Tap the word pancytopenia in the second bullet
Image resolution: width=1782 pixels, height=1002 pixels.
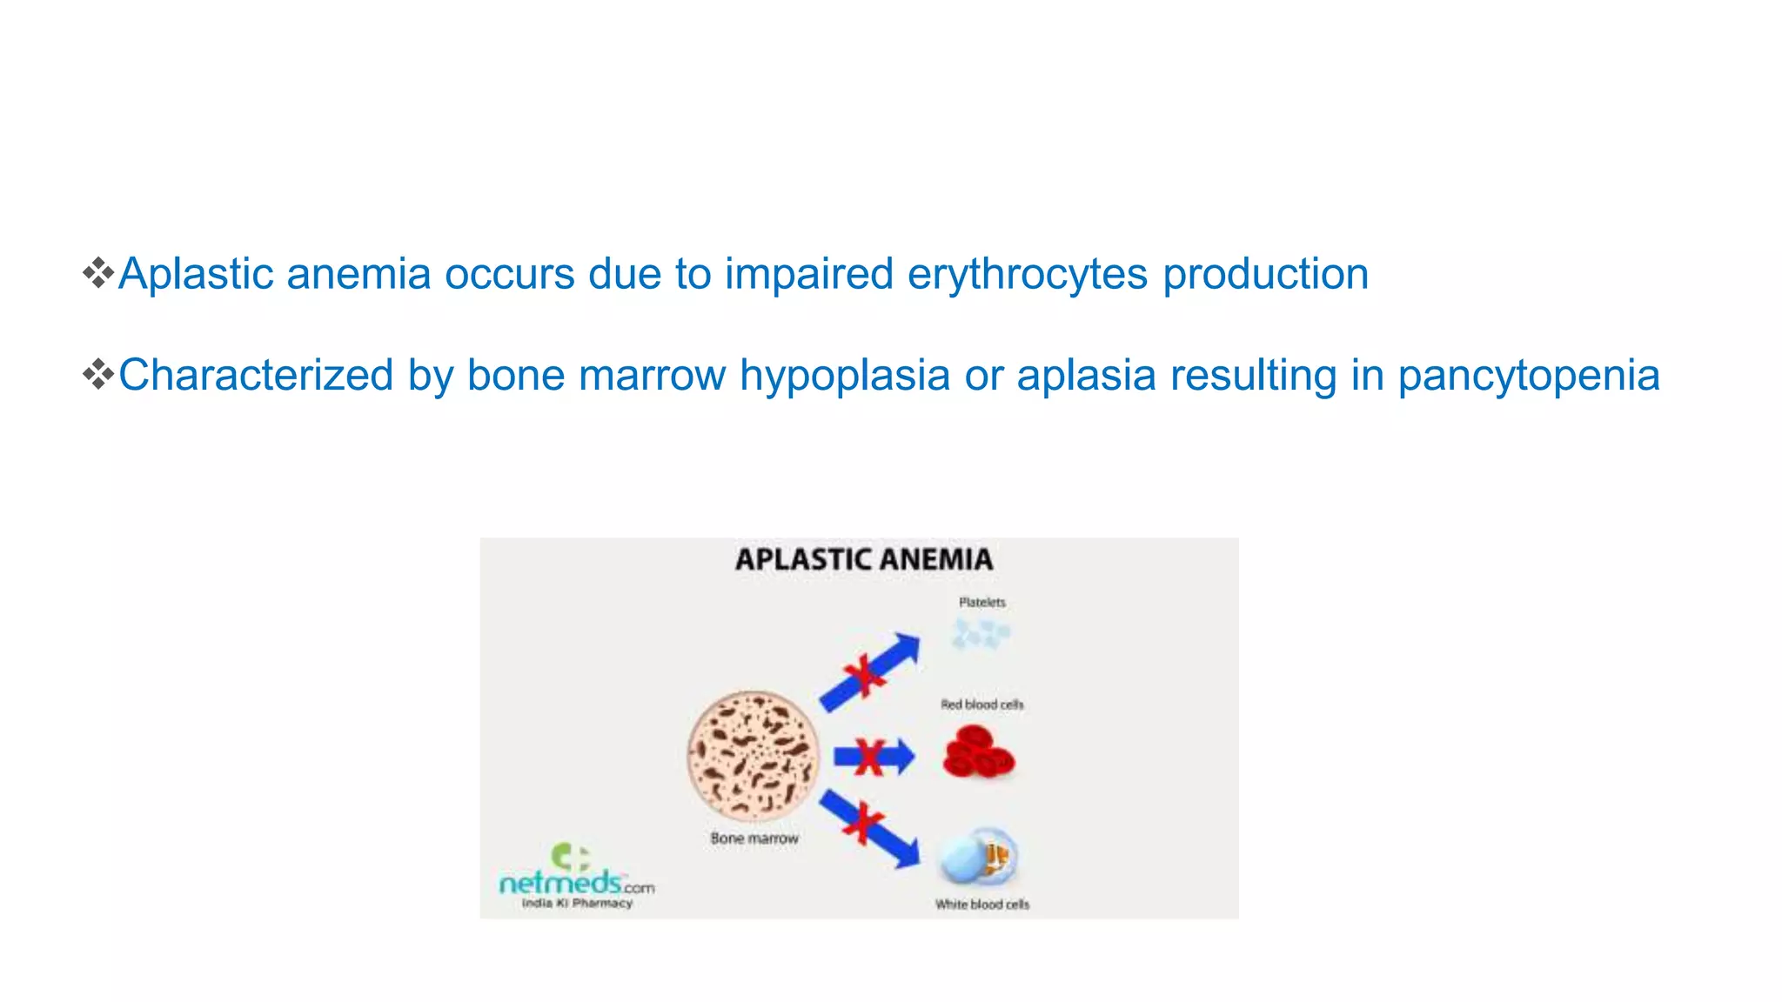tap(1529, 377)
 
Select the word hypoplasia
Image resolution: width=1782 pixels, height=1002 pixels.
tap(844, 377)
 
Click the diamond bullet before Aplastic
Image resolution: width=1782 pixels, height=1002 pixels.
tap(98, 273)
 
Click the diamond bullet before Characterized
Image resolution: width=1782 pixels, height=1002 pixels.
tap(98, 375)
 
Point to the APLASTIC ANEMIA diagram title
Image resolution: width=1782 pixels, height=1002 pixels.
tap(863, 559)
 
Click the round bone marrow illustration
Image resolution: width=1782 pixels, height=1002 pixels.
tap(754, 755)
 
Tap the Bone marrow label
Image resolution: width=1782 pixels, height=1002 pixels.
tap(754, 838)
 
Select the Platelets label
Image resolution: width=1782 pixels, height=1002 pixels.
tap(981, 602)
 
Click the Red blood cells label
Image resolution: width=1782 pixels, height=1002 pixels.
tap(981, 705)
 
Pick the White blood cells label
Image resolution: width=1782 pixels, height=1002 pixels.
tap(981, 905)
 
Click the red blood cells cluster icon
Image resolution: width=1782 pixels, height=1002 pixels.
tap(978, 753)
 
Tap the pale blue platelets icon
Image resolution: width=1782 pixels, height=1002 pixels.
tap(980, 634)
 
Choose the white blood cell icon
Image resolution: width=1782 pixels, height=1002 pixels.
tap(978, 857)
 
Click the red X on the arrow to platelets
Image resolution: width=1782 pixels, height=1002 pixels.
tap(863, 676)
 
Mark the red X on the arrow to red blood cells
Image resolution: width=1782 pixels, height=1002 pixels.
tap(869, 757)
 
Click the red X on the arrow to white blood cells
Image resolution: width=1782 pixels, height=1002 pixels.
tap(863, 823)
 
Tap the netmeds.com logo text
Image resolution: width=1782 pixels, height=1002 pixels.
tap(574, 884)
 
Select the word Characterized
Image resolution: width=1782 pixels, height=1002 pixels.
tap(256, 377)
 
